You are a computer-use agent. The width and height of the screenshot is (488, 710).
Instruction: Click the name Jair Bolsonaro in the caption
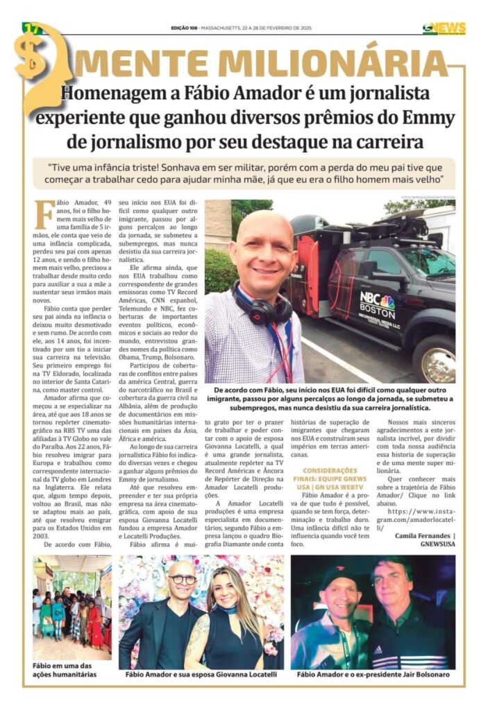[426, 674]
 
